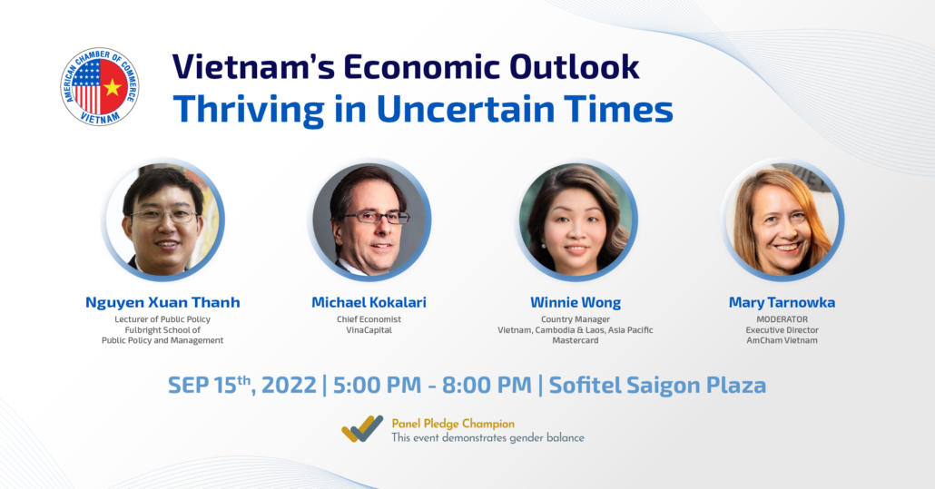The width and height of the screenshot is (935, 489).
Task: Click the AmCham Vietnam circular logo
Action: point(100,87)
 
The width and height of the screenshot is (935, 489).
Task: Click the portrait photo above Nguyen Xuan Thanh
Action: point(163,220)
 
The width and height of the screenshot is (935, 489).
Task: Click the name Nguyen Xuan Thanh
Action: point(162,302)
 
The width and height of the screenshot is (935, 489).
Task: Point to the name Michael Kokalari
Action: point(369,302)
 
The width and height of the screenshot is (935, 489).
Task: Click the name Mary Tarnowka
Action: point(782,302)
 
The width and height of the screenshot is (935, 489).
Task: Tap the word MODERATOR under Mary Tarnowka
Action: point(782,318)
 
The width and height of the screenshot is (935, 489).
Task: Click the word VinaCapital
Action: point(369,330)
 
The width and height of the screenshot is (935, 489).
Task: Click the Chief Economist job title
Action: point(369,319)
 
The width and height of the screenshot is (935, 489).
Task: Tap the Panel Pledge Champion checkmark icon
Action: point(362,429)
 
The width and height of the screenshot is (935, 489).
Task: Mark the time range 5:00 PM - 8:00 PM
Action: point(431,385)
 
